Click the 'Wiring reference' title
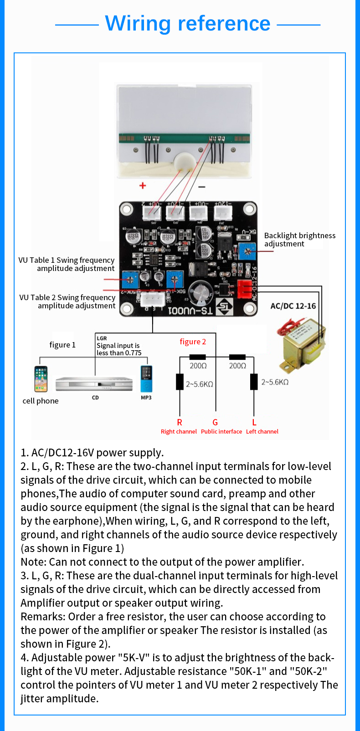pyautogui.click(x=188, y=23)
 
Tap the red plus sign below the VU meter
pyautogui.click(x=143, y=185)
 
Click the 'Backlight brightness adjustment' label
pyautogui.click(x=299, y=240)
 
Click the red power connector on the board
pyautogui.click(x=245, y=287)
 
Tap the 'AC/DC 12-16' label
pyautogui.click(x=293, y=306)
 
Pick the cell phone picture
pyautogui.click(x=41, y=379)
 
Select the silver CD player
pyautogui.click(x=94, y=383)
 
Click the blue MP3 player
pyautogui.click(x=146, y=379)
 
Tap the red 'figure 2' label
pyautogui.click(x=193, y=342)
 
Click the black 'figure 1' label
pyautogui.click(x=62, y=345)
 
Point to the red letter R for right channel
pyautogui.click(x=180, y=422)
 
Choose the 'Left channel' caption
pyautogui.click(x=262, y=431)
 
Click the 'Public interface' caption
pyautogui.click(x=221, y=431)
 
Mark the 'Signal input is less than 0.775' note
pyautogui.click(x=119, y=349)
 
